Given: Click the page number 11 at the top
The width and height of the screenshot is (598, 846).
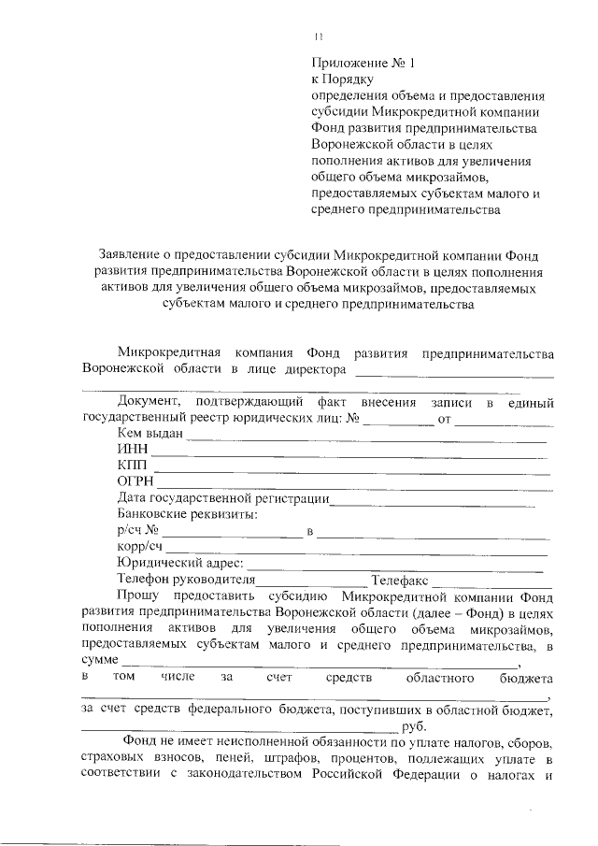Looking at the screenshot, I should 318,36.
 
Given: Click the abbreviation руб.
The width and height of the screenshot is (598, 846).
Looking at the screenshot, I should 413,726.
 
